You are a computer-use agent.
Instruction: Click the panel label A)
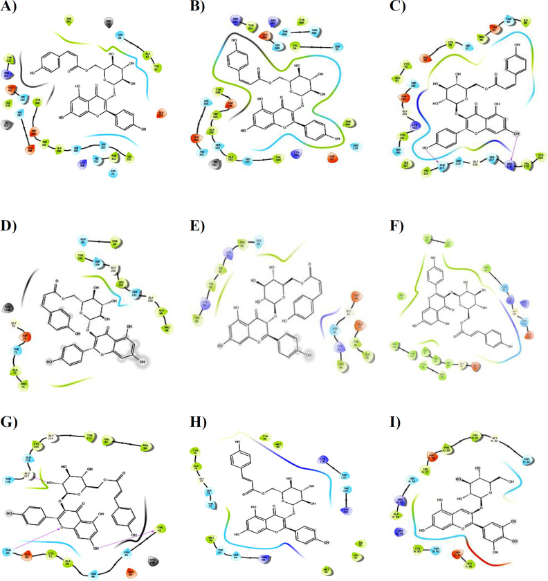pos(10,10)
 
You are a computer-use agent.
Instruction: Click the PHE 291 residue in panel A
pos(68,20)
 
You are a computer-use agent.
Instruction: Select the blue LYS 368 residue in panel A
pos(83,164)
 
